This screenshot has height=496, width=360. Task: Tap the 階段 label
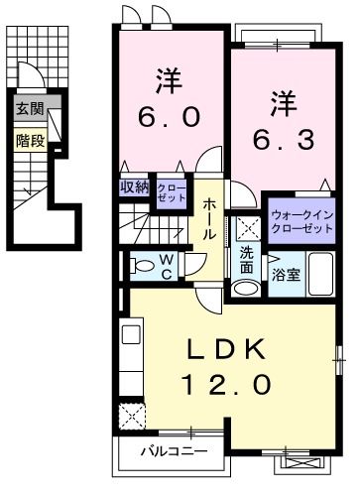click(30, 140)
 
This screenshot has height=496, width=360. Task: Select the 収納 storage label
click(134, 187)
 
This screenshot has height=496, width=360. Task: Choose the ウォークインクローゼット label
click(301, 221)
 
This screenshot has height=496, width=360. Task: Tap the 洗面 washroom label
click(245, 260)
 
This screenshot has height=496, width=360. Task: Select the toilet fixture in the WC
click(134, 265)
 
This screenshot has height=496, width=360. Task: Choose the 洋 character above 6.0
click(168, 76)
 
